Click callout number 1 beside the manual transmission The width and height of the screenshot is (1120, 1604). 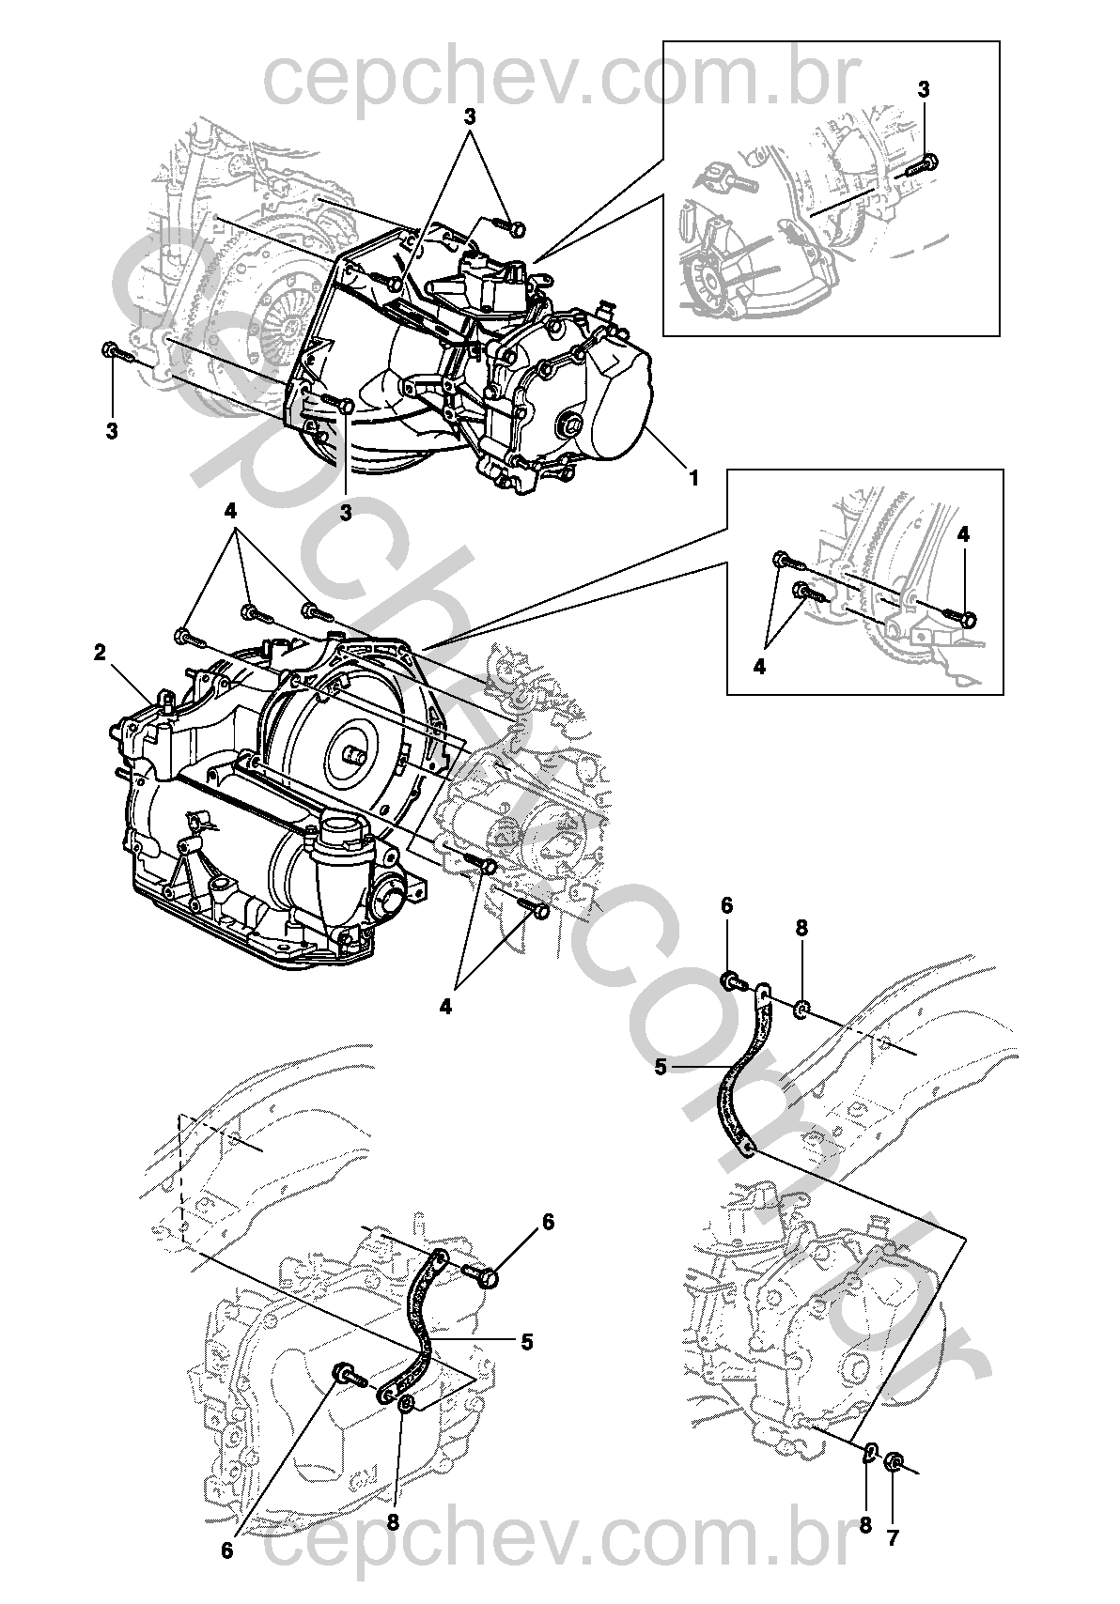[x=693, y=478]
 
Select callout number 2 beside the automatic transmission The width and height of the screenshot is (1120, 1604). [x=100, y=655]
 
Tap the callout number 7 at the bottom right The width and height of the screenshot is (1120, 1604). [x=893, y=1537]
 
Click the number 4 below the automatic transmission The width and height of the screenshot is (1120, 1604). [x=445, y=1007]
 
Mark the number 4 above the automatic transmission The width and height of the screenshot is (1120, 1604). [x=229, y=512]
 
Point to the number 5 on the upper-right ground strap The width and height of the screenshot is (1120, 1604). [x=660, y=1067]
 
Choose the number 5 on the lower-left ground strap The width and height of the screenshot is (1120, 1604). [x=526, y=1343]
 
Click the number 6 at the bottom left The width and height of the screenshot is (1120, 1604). [x=226, y=1550]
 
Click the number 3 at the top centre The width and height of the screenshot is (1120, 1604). [x=469, y=117]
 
